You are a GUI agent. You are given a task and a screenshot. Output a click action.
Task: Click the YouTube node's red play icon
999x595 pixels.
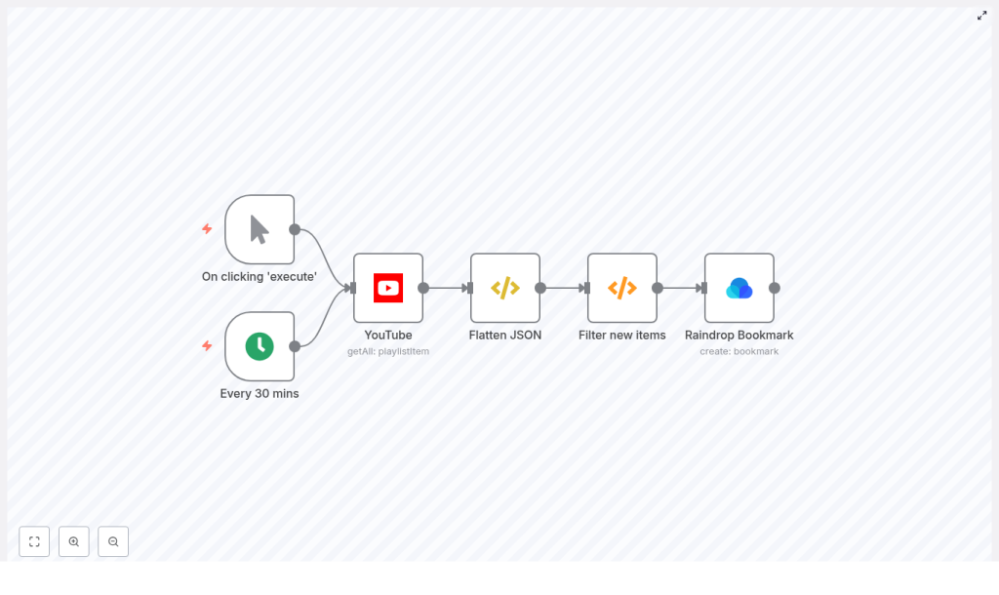click(x=388, y=288)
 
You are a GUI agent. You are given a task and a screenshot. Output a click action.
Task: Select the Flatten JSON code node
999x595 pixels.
click(x=505, y=288)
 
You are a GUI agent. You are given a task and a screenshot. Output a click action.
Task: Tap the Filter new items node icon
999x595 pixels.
click(x=622, y=288)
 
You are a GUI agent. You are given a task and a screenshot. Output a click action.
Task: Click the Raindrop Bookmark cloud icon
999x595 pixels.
click(x=739, y=288)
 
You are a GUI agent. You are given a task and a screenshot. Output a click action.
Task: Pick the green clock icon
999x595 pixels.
click(x=260, y=346)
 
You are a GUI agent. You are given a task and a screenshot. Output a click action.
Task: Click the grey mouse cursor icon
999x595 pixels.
click(x=260, y=229)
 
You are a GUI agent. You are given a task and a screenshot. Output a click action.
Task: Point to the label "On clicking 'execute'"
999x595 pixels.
click(x=260, y=276)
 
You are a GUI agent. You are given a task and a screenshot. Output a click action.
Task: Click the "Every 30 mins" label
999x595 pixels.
click(x=260, y=393)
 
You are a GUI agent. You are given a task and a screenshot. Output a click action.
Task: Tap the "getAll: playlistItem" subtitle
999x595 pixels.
click(x=388, y=351)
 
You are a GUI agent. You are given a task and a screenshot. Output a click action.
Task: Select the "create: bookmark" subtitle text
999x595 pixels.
click(x=739, y=351)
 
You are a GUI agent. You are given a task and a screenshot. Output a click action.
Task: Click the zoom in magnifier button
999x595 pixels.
click(x=74, y=541)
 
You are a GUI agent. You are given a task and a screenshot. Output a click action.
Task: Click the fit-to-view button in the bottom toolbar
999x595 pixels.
click(x=34, y=541)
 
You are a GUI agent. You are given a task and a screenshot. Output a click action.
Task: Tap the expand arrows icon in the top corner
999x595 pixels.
click(x=982, y=16)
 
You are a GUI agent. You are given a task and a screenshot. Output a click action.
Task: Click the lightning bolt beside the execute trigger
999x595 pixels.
click(x=207, y=229)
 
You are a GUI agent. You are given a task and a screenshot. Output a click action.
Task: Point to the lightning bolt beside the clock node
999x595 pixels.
click(x=207, y=346)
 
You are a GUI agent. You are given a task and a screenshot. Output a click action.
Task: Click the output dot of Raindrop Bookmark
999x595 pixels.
click(x=775, y=288)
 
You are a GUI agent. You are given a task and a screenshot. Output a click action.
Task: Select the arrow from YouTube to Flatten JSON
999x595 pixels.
click(x=447, y=288)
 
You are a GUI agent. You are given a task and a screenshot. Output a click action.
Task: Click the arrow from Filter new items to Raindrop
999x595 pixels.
click(x=681, y=288)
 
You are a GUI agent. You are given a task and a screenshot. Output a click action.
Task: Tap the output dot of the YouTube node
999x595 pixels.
click(x=423, y=288)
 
